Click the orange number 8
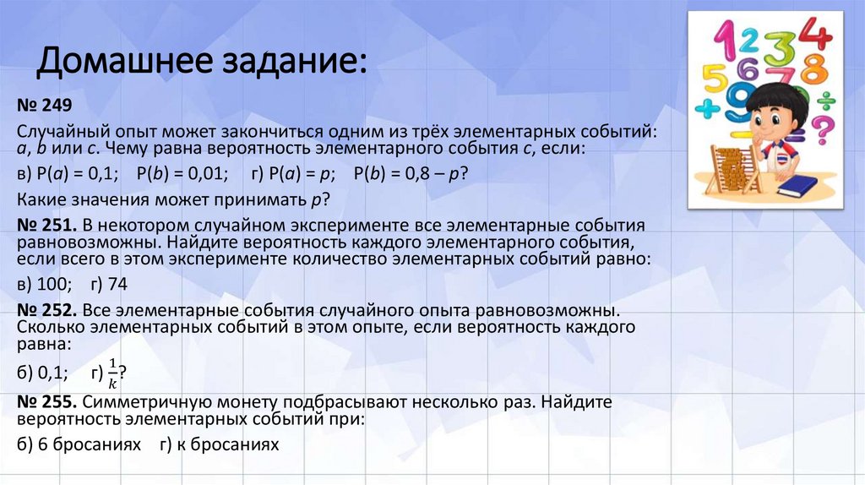point(811,68)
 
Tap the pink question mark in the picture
point(820,131)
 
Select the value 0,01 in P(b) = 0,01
point(204,174)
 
